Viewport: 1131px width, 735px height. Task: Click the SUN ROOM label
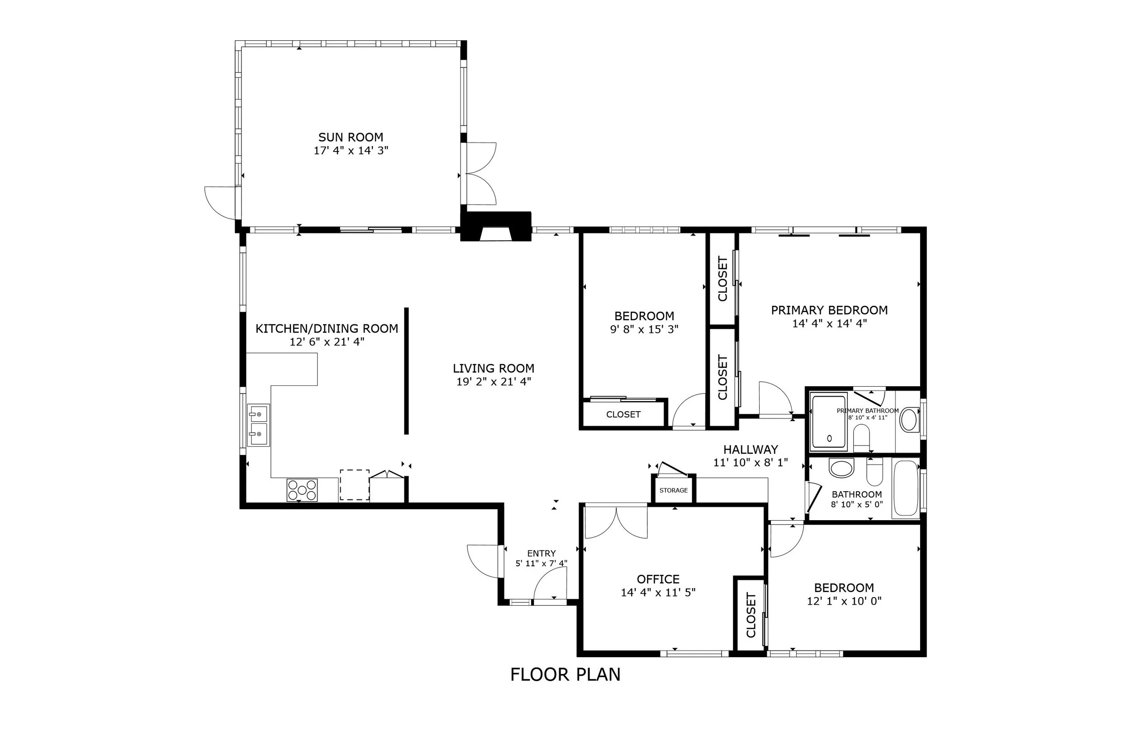coord(351,138)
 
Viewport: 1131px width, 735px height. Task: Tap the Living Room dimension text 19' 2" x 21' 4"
coord(493,381)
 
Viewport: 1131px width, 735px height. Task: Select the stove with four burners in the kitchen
coord(302,490)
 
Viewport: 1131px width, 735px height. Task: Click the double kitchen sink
coord(258,425)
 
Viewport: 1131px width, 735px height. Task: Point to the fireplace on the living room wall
coord(496,226)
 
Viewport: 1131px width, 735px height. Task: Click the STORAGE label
coord(673,490)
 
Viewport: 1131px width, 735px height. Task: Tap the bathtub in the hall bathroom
coord(906,488)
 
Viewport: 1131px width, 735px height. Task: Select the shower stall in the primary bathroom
coord(829,422)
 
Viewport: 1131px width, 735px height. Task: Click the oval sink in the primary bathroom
coord(908,420)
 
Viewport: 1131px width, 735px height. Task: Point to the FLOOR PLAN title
coord(565,675)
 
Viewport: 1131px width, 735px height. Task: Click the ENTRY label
coord(541,554)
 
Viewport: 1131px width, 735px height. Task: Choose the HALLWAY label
coord(751,450)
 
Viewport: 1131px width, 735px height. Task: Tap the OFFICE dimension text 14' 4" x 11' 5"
coord(658,593)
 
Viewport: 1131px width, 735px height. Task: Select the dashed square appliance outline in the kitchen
coord(355,484)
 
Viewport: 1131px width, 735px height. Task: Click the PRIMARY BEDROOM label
coord(829,310)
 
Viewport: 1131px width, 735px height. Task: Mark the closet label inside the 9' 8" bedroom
coord(623,414)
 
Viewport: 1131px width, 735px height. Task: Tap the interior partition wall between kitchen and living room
coord(406,371)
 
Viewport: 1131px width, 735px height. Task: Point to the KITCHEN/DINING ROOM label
coord(327,329)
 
